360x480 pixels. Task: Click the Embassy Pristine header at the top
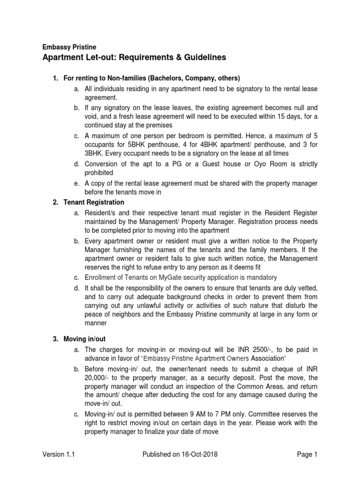point(69,47)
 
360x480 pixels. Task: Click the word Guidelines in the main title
point(192,58)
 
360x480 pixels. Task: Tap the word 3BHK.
point(95,154)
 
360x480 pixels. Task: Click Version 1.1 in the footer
point(59,454)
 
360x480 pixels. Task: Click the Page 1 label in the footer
point(307,454)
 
